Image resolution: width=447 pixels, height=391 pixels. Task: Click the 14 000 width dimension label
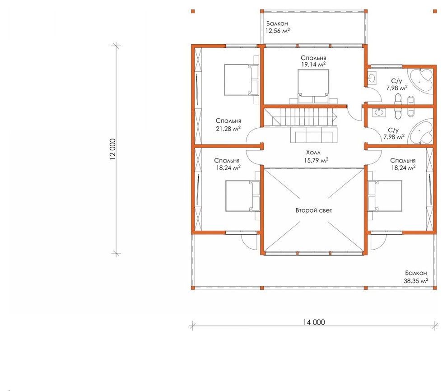314,322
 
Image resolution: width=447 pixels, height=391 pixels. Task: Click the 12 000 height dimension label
112,149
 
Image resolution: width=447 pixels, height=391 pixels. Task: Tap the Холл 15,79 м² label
316,156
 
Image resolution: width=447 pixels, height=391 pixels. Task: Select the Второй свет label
314,210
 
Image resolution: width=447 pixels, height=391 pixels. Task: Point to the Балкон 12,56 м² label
278,27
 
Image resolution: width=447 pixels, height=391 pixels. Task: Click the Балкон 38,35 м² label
416,277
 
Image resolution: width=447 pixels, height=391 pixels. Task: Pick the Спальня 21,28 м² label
228,125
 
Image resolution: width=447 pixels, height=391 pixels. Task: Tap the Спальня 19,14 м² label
313,61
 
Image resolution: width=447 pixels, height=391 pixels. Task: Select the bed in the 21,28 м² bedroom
241,79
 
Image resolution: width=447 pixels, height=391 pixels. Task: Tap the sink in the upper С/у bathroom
372,78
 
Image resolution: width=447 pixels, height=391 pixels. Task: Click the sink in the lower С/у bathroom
379,112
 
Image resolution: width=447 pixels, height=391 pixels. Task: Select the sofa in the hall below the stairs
311,135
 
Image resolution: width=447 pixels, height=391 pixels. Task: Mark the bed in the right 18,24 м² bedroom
385,195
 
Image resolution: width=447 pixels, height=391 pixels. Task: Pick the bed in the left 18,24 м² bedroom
242,195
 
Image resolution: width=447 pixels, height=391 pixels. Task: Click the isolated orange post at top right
435,11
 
